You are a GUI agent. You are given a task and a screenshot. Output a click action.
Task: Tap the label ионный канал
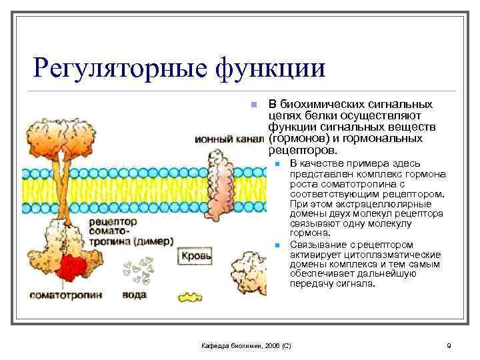(x=229, y=139)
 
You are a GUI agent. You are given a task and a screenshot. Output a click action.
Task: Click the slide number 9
(x=449, y=345)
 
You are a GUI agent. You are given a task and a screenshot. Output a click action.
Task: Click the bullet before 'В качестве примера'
(x=277, y=163)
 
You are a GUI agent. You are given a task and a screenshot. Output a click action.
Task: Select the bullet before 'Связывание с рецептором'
(x=277, y=245)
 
